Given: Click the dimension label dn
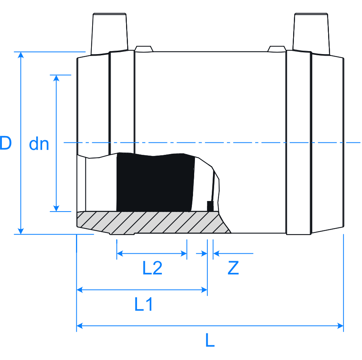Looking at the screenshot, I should [39, 144].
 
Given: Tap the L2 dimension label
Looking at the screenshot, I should [152, 268].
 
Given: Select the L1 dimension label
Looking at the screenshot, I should [144, 305].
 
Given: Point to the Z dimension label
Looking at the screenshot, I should [233, 268].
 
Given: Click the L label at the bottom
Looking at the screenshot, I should [210, 341].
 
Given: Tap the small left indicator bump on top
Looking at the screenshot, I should [144, 49].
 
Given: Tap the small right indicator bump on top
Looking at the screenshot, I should [277, 49].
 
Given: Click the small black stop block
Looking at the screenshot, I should [210, 206].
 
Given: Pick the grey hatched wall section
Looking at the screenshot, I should [151, 222].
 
